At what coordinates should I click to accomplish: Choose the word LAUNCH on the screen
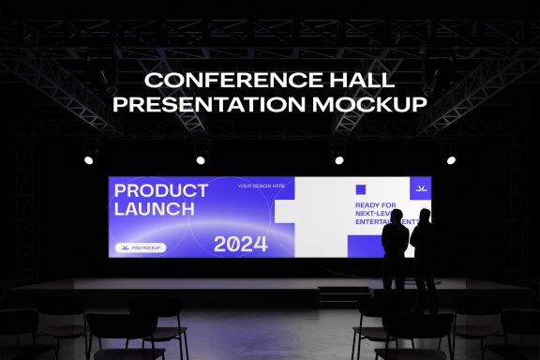tap(148, 209)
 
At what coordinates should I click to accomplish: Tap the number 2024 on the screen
tap(240, 245)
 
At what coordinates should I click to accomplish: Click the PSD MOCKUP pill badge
tap(141, 247)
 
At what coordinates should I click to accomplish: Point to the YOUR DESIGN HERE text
tap(262, 186)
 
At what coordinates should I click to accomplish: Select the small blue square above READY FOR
tap(360, 188)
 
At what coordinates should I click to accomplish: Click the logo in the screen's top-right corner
tap(421, 187)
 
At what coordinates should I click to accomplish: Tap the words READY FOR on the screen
tap(375, 204)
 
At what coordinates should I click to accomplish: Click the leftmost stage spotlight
tap(90, 158)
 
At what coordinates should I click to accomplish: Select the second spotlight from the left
tap(200, 158)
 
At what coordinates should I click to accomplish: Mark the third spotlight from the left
tap(338, 158)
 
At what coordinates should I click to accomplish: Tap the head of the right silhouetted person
tap(424, 216)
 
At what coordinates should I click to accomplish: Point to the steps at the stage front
tap(343, 295)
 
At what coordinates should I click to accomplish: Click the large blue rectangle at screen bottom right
tap(366, 246)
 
